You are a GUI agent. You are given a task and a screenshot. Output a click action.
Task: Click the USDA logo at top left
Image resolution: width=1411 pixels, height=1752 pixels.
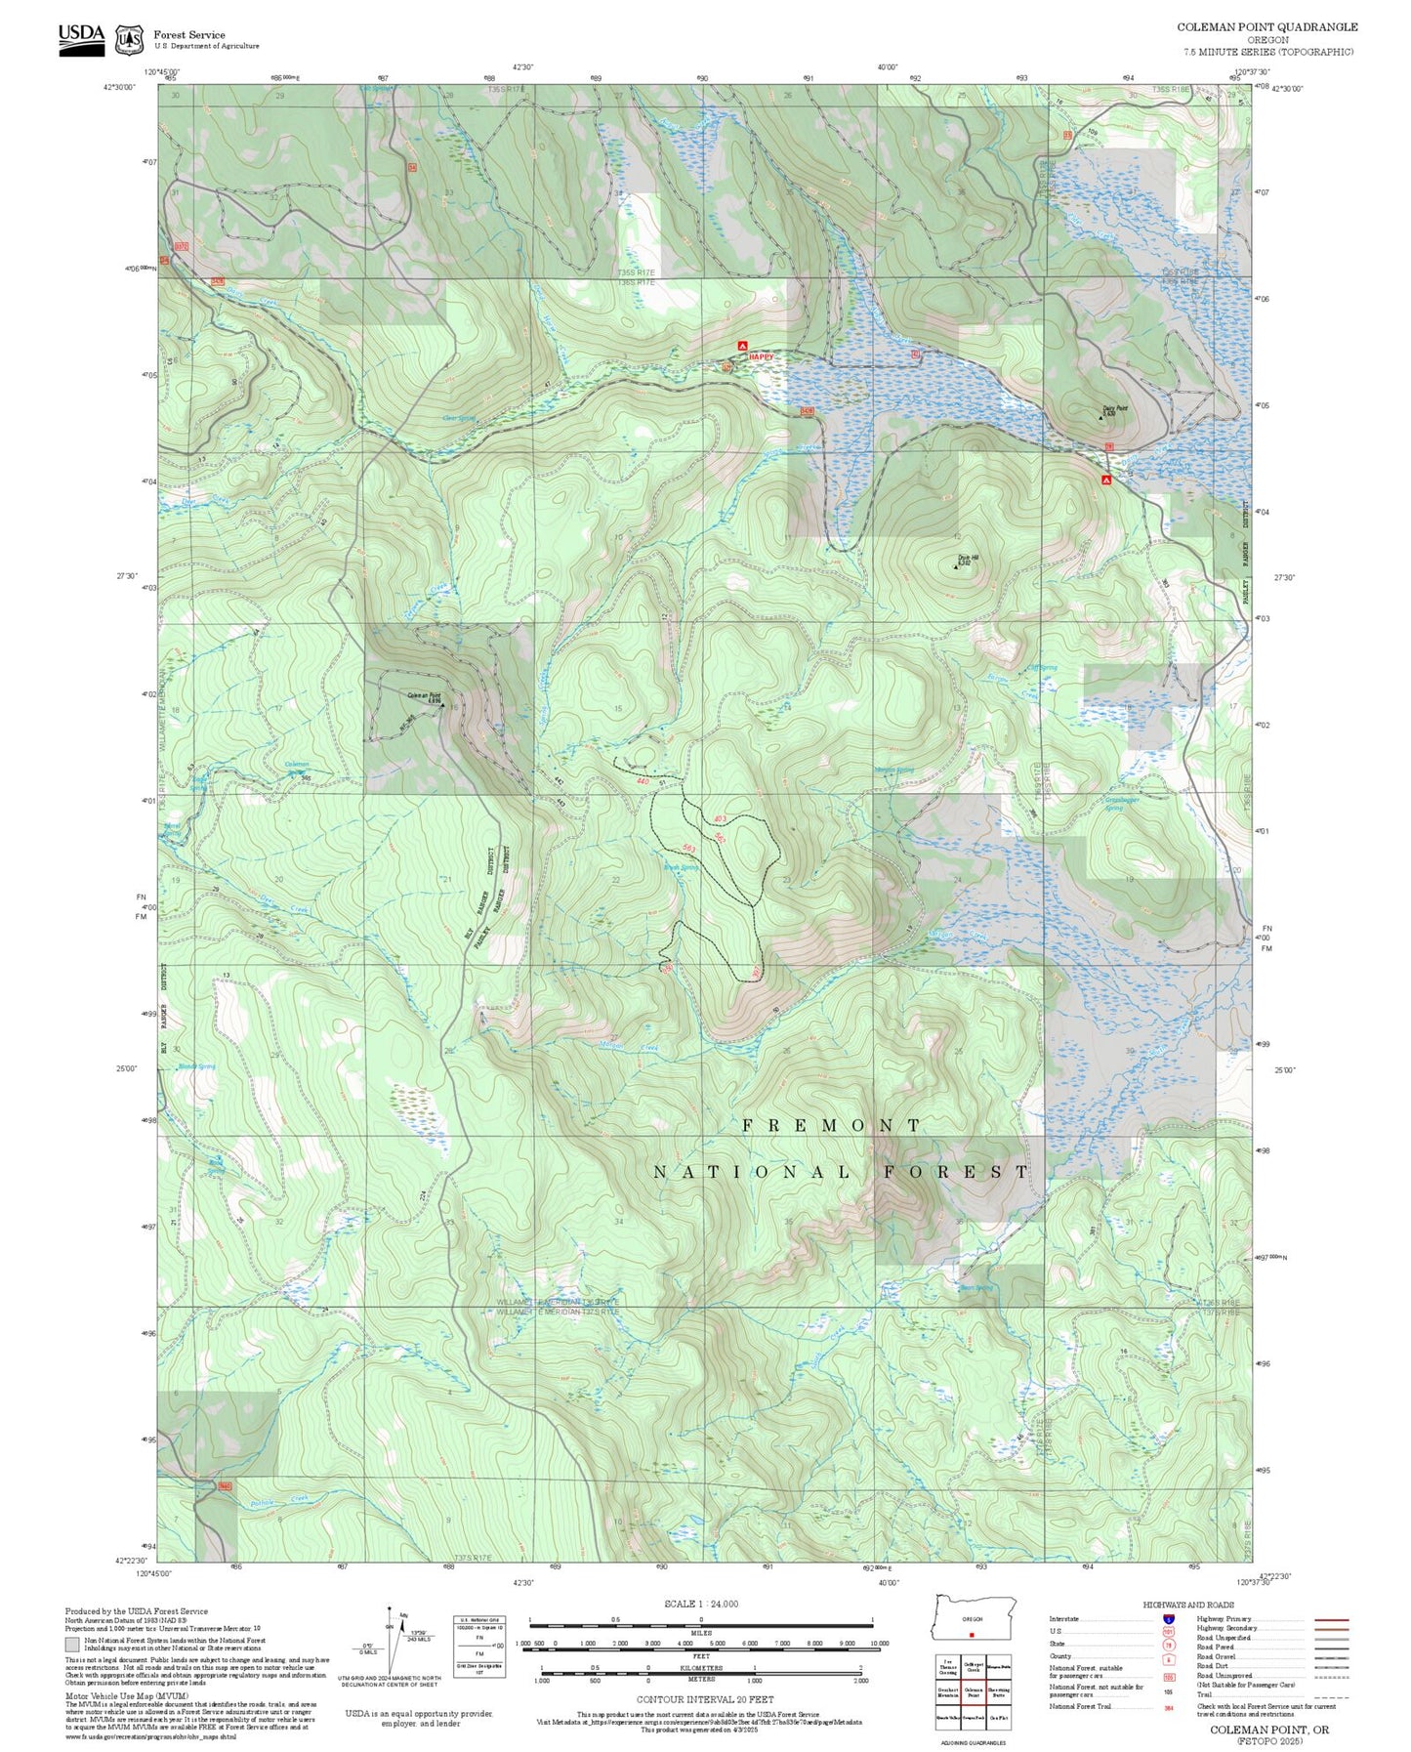pyautogui.click(x=81, y=38)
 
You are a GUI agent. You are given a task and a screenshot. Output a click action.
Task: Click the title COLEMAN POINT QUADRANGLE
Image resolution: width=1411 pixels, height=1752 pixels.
pyautogui.click(x=1266, y=27)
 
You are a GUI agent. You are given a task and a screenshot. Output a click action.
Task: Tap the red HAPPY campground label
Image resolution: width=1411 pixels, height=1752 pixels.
pyautogui.click(x=761, y=357)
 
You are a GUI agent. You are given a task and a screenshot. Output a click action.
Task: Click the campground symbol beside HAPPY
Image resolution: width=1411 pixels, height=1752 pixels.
pyautogui.click(x=742, y=346)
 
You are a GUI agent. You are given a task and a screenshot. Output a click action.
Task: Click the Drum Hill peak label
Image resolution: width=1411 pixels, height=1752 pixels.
pyautogui.click(x=967, y=560)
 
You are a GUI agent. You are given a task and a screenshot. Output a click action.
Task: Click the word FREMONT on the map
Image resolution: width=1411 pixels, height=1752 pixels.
pyautogui.click(x=830, y=1125)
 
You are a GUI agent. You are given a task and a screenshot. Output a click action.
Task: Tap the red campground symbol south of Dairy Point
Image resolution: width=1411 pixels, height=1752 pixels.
pyautogui.click(x=1106, y=480)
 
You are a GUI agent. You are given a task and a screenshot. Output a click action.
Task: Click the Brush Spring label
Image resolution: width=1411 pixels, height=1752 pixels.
pyautogui.click(x=681, y=867)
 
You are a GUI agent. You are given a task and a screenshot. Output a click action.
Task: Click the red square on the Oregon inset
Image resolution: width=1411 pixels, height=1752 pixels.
pyautogui.click(x=972, y=1634)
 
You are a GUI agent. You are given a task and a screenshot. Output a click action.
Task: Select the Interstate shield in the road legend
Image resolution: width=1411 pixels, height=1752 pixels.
pyautogui.click(x=1168, y=1619)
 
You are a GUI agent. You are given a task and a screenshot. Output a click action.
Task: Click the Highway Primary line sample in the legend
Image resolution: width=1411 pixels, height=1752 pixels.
pyautogui.click(x=1332, y=1619)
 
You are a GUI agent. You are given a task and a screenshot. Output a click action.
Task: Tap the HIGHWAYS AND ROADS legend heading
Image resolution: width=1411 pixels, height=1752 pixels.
pyautogui.click(x=1187, y=1605)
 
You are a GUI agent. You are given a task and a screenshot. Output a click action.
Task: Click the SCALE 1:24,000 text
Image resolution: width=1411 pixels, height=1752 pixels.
pyautogui.click(x=700, y=1604)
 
